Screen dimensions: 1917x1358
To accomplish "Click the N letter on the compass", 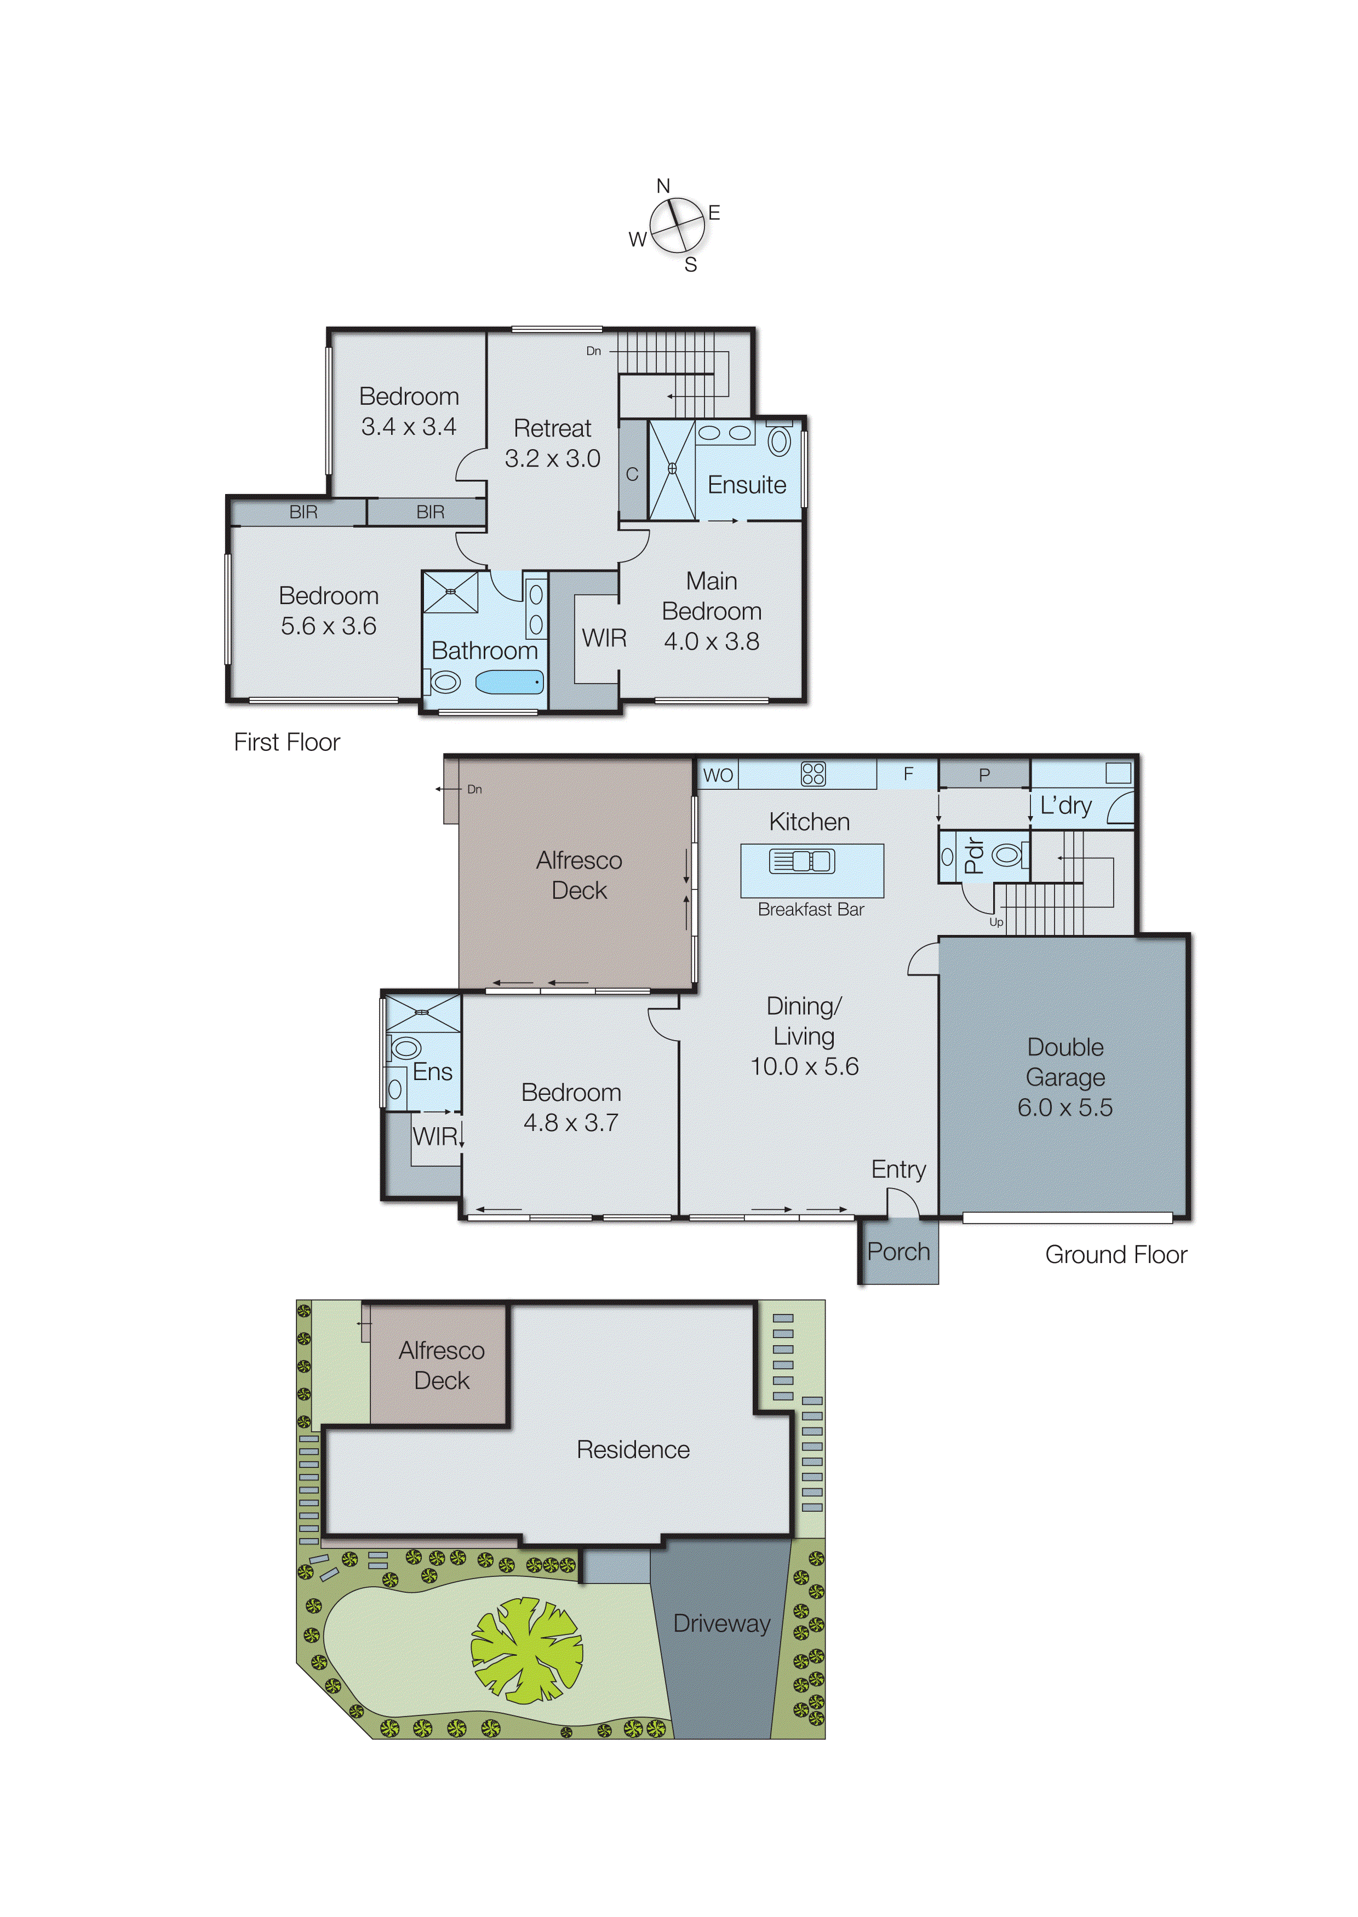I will (663, 186).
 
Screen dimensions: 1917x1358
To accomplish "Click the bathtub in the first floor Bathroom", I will (509, 683).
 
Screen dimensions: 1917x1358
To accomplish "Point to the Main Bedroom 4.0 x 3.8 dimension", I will (712, 641).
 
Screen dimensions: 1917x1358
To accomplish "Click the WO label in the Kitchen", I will (718, 775).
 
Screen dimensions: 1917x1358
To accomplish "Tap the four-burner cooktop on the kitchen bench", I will (813, 773).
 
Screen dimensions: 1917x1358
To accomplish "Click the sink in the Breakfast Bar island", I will (802, 861).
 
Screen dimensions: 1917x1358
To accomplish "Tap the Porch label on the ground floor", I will (898, 1252).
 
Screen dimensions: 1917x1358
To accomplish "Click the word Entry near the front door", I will (898, 1169).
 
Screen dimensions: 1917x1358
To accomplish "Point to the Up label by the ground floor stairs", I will (996, 922).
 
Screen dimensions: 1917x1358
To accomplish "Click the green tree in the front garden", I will (527, 1651).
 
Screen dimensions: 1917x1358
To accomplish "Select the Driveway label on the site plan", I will (721, 1623).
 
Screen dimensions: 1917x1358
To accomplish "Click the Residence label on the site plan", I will (633, 1450).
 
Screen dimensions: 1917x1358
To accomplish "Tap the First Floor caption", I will (287, 742).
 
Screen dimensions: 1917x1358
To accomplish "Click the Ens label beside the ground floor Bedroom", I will (432, 1072).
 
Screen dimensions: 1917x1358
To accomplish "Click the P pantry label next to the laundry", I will (984, 775).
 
